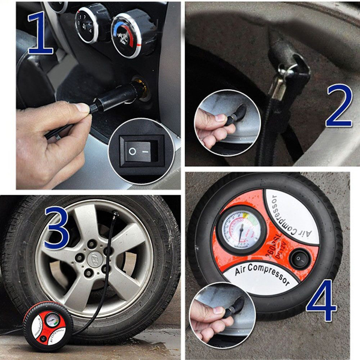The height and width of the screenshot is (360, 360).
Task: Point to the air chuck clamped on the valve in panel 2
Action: [x=289, y=67]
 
